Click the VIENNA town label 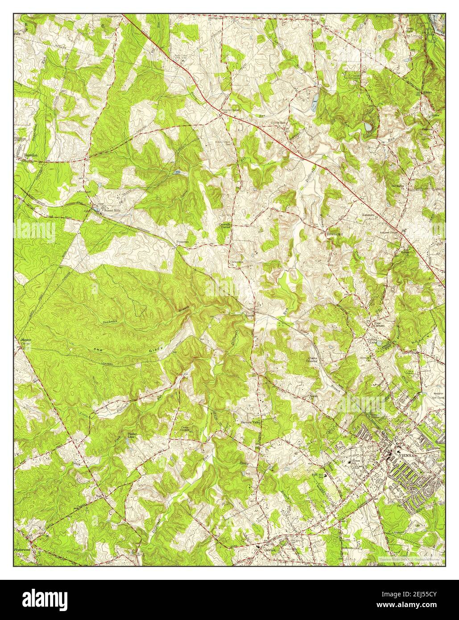point(402,456)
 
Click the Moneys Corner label point(25,343)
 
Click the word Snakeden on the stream point(110,322)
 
